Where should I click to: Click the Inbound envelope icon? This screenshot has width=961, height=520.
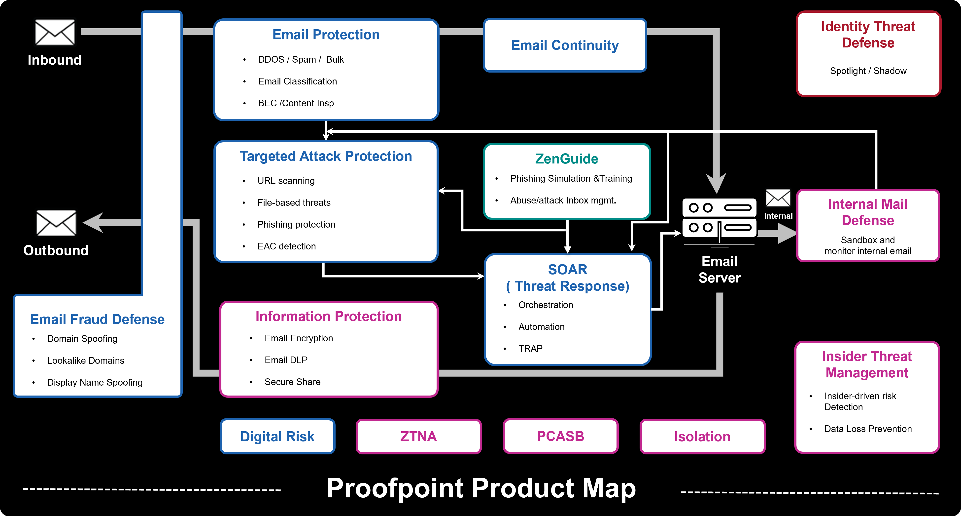[55, 33]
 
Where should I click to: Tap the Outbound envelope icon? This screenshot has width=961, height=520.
[56, 223]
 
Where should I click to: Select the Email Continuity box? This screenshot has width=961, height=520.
[565, 45]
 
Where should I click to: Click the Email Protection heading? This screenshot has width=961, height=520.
[326, 35]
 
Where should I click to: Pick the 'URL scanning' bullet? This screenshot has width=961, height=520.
[286, 181]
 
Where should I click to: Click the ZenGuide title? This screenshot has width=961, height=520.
[566, 159]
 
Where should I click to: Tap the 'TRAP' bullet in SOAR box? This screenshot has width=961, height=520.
[530, 349]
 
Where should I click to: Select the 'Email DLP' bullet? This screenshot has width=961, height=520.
[286, 360]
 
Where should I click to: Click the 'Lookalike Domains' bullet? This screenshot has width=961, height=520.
[85, 360]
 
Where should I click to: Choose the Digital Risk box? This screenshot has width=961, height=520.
[277, 436]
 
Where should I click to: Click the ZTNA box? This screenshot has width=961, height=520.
[418, 436]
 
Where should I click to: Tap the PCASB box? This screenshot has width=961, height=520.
[560, 436]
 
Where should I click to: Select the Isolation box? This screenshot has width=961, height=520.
[702, 436]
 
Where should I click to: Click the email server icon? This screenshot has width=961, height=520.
[719, 220]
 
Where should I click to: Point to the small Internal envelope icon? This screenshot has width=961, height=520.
[778, 198]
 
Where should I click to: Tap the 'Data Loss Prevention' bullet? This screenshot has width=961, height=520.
[868, 429]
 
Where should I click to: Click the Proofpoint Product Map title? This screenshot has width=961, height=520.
[481, 488]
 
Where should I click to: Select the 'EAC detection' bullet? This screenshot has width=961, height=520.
[286, 246]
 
